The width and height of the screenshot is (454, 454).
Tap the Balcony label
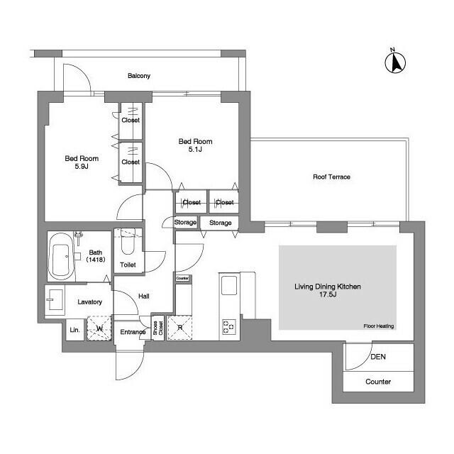click(139, 76)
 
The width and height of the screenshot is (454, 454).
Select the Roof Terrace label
click(331, 177)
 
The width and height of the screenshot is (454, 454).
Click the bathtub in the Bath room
click(62, 256)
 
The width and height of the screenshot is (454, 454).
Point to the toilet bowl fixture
click(128, 241)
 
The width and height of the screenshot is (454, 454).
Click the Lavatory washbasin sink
click(55, 299)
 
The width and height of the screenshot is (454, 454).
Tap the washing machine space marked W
click(99, 328)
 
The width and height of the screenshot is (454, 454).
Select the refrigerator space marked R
click(179, 328)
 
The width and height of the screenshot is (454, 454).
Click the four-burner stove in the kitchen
click(229, 326)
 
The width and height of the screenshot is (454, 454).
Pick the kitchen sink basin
click(229, 285)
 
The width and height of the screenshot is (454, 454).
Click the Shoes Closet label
click(157, 328)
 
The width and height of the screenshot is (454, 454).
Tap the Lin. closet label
click(74, 330)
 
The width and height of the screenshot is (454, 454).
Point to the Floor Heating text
click(379, 326)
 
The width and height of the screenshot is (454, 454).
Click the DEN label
click(378, 357)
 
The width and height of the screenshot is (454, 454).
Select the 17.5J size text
click(328, 294)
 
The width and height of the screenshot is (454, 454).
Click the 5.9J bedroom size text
click(82, 166)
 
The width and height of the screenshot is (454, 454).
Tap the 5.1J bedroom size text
click(195, 150)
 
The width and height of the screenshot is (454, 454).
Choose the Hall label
click(144, 297)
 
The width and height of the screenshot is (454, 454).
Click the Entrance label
click(133, 332)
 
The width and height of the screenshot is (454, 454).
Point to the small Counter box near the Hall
click(182, 278)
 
